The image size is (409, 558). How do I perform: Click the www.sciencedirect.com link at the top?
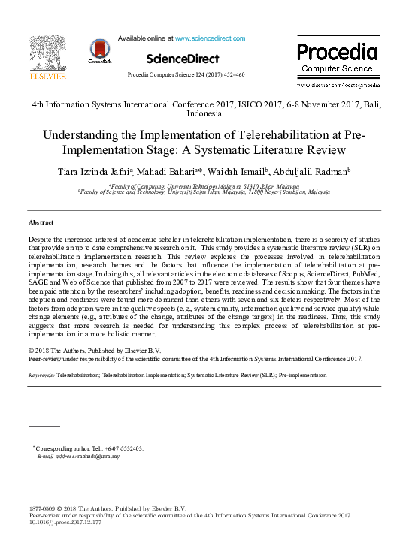pos(210,38)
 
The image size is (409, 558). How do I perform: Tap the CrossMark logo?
pos(99,51)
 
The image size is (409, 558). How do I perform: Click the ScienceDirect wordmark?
pos(183,59)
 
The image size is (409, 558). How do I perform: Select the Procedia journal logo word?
pos(337,52)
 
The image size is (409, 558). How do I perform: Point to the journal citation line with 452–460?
pos(186,75)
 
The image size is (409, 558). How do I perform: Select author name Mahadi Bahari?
pos(162,172)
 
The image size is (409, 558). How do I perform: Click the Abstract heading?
pos(41,223)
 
